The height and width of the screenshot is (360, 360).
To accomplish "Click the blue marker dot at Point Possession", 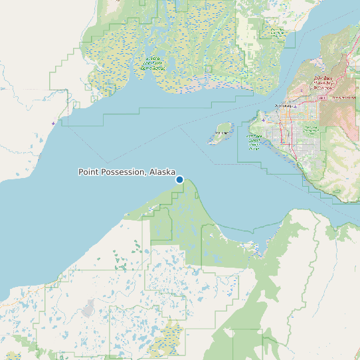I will tap(179, 179).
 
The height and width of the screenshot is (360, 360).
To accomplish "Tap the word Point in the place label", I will tap(89, 172).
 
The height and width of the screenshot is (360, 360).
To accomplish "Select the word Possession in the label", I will tap(124, 172).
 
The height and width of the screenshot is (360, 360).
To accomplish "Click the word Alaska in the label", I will tap(163, 172).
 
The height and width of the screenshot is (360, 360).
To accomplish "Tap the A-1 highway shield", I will tap(322, 98).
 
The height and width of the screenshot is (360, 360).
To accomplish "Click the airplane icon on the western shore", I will tap(53, 124).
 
